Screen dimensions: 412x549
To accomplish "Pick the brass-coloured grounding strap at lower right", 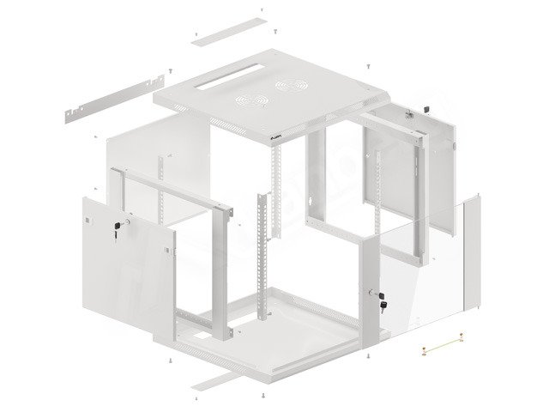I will point(443,348).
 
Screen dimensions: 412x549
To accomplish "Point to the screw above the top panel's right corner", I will point(368,65).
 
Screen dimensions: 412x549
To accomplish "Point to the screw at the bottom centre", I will point(261,396).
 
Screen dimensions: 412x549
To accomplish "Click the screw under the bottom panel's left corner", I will point(172,361).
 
